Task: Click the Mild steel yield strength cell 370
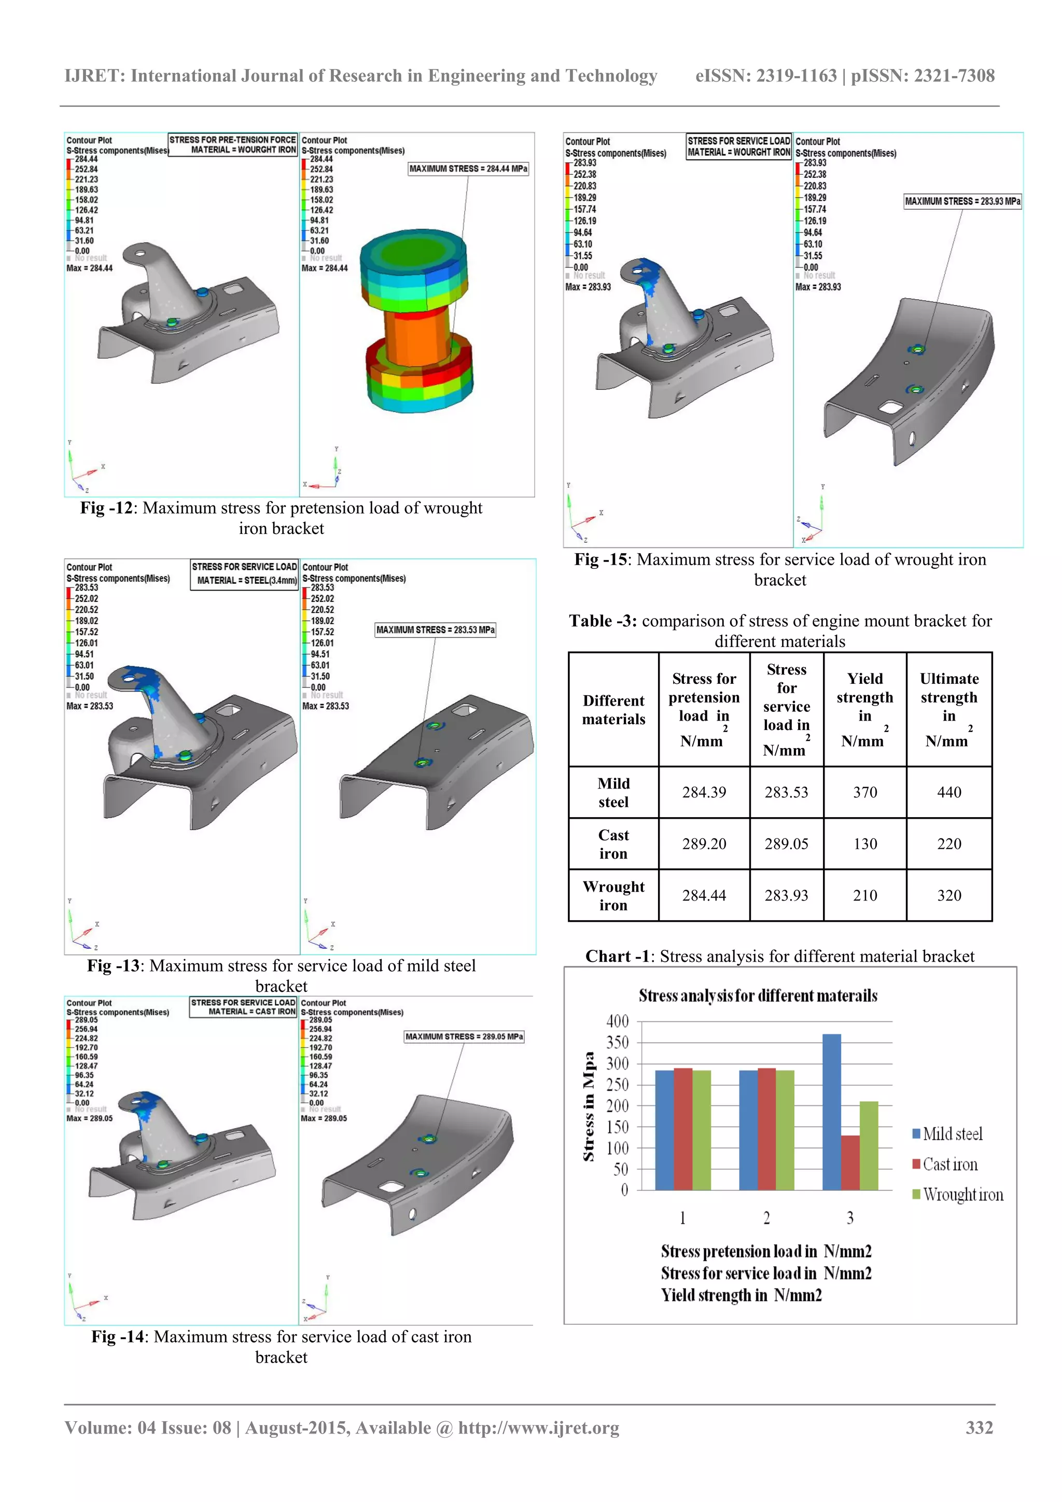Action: click(864, 792)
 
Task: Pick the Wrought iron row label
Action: click(613, 895)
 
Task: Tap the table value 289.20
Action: click(704, 844)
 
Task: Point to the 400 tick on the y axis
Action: click(617, 1021)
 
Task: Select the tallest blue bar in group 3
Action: click(831, 1112)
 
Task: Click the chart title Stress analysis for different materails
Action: click(758, 995)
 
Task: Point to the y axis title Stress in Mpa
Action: click(589, 1105)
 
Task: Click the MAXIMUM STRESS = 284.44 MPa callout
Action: click(468, 169)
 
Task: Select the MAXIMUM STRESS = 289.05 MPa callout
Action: click(464, 1036)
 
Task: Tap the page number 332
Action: click(979, 1427)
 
